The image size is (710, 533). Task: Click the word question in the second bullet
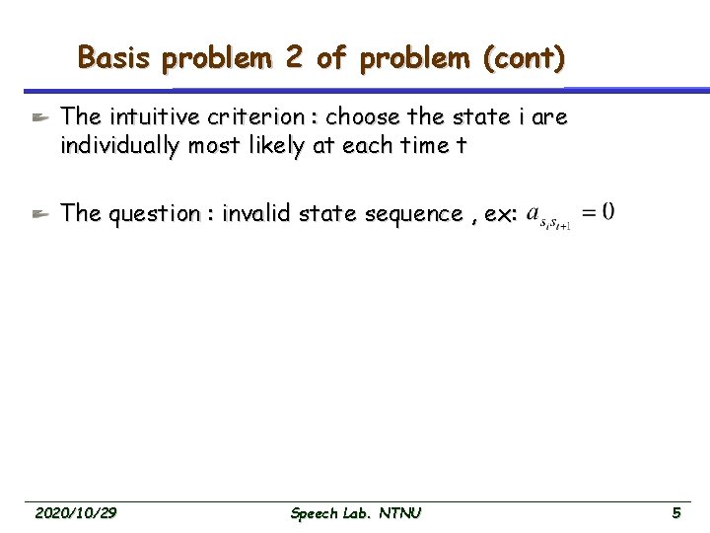[150, 213]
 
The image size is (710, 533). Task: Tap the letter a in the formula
[533, 212]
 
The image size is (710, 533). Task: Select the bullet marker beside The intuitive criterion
[38, 117]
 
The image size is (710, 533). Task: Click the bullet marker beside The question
[38, 213]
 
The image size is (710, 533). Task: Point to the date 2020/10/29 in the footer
[76, 513]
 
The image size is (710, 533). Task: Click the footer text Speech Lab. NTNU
[356, 513]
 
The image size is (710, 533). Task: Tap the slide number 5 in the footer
[675, 513]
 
